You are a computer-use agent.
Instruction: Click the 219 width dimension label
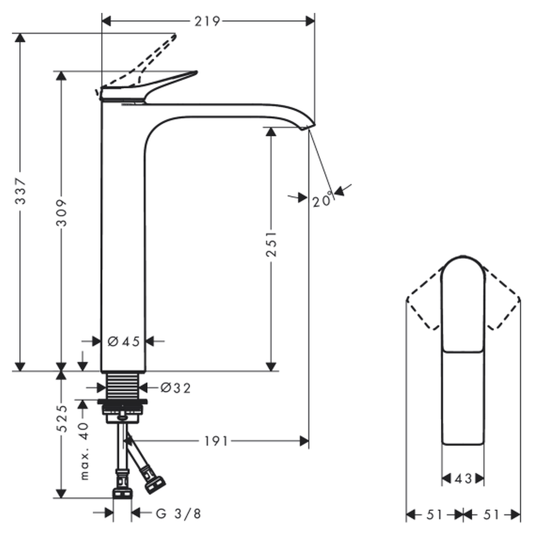pos(207,21)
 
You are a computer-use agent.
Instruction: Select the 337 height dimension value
pos(20,192)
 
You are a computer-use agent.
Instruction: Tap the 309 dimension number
pos(62,213)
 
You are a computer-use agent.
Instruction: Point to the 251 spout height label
pos(272,244)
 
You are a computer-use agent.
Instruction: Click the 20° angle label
pos(323,201)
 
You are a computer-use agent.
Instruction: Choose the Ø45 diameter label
pos(124,342)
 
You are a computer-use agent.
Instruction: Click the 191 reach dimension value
pos(216,441)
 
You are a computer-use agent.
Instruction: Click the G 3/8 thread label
pos(179,514)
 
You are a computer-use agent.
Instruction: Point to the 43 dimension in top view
pos(463,479)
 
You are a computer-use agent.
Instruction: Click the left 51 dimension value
pos(434,514)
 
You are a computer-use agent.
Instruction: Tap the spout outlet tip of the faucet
pos(307,126)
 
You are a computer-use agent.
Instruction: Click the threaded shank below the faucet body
pos(123,384)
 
